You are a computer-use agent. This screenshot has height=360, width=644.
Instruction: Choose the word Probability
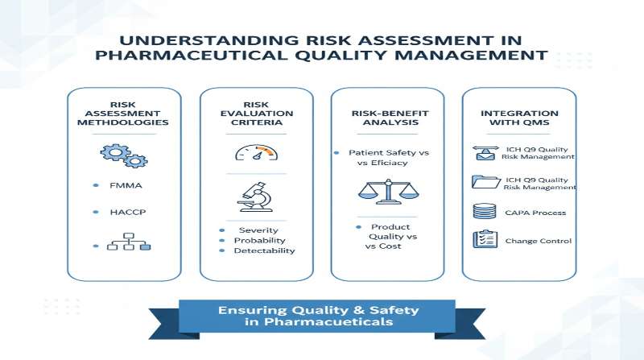coord(259,240)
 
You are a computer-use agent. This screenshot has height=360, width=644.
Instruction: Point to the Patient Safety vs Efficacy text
coord(385,157)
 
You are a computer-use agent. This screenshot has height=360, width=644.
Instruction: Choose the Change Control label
coord(539,241)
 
